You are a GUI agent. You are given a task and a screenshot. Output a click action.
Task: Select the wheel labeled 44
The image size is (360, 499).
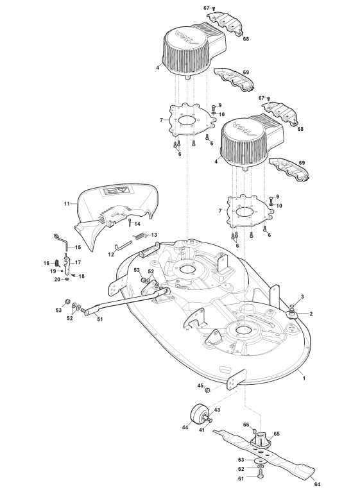(x=199, y=414)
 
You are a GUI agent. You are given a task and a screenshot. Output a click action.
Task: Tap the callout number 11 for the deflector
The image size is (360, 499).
(x=67, y=203)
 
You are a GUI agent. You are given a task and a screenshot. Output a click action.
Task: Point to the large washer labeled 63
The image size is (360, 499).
(x=261, y=460)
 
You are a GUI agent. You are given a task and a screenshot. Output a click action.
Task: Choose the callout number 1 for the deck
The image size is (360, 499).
(x=304, y=378)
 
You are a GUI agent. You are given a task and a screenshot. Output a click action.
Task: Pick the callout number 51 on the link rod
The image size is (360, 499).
(x=100, y=319)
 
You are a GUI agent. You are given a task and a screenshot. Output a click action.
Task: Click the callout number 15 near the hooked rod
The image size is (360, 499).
(x=78, y=247)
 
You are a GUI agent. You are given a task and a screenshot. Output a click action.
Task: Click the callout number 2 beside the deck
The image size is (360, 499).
(x=311, y=314)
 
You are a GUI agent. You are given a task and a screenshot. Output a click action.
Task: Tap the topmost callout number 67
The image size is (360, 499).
(x=206, y=8)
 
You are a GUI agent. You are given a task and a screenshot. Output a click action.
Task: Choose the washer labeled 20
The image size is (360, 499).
(x=67, y=280)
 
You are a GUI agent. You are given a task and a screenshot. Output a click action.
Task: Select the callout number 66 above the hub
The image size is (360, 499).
(x=246, y=425)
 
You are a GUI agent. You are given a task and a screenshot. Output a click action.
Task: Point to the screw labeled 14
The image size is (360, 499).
(x=130, y=223)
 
